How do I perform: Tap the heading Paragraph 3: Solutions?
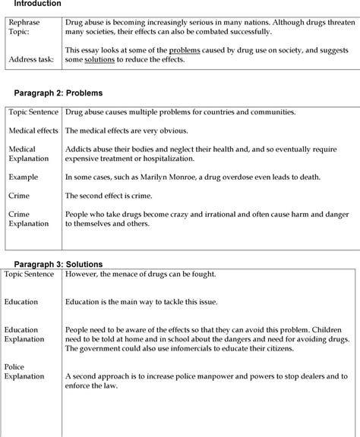58,264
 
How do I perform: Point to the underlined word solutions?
99,59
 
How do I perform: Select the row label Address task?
30,59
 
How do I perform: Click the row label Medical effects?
33,130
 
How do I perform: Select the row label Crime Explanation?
29,219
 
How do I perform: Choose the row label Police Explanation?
25,372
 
